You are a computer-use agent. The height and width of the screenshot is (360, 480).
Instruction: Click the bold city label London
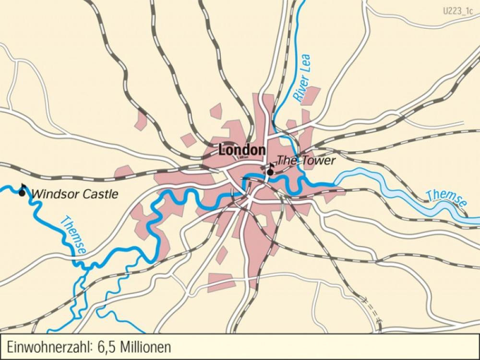(x=242, y=150)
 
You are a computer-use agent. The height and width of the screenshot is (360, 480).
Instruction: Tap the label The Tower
(x=306, y=160)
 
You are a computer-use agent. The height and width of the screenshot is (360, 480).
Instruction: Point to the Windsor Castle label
(x=74, y=194)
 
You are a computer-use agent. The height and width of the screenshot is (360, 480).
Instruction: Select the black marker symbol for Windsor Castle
(x=22, y=192)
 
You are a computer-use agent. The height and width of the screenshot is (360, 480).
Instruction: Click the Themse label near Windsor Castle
(x=73, y=236)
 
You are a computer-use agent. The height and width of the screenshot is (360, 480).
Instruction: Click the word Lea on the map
(x=306, y=63)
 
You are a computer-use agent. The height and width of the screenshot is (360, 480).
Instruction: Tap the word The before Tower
(x=286, y=160)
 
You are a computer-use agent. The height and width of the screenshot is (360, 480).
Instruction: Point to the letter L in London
(x=222, y=150)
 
